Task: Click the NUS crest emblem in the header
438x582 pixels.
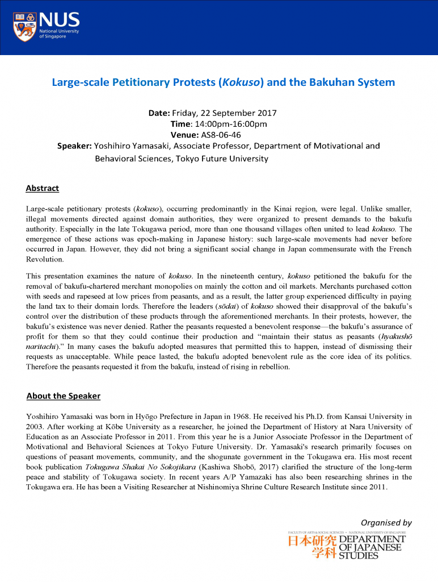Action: point(24,26)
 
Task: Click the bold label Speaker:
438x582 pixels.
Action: point(75,146)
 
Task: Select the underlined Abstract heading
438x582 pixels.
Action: point(43,189)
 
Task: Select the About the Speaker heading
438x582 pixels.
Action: point(64,396)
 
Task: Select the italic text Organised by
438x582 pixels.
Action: point(386,522)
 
